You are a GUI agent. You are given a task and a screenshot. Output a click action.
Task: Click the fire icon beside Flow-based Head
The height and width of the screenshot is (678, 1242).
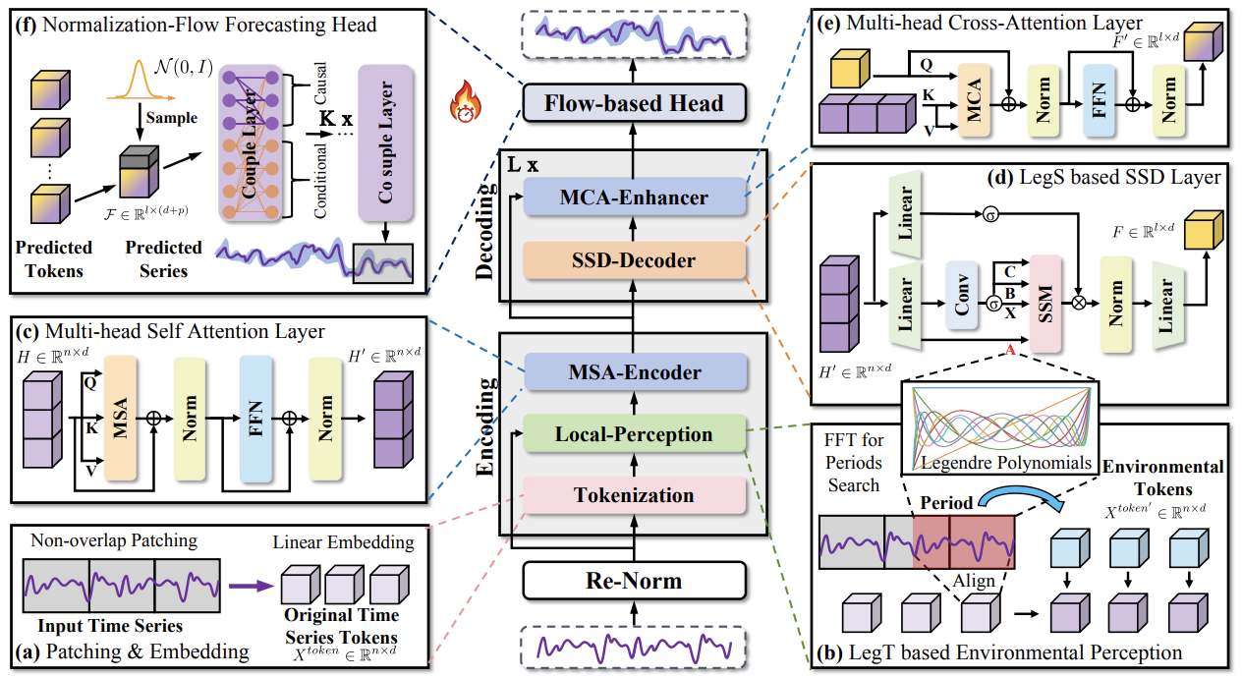point(462,101)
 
